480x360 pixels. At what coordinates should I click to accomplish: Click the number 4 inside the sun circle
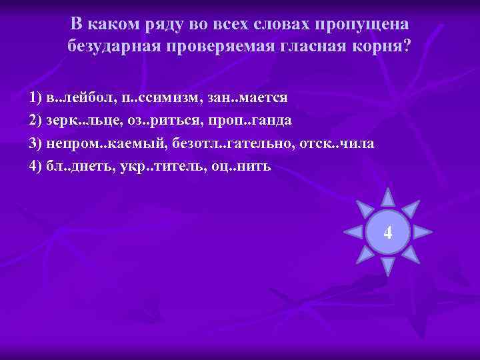coord(388,233)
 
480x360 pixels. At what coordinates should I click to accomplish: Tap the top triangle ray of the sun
coord(387,197)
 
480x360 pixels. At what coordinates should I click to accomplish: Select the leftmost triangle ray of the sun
coord(352,233)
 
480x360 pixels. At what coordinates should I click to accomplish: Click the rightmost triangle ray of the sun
coord(423,233)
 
